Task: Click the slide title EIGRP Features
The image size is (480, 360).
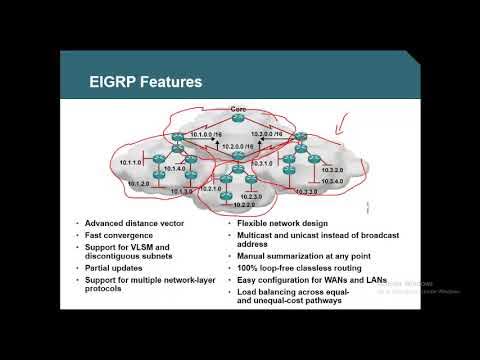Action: pyautogui.click(x=131, y=81)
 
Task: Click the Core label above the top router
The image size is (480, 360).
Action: pyautogui.click(x=237, y=107)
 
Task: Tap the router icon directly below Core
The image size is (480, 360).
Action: pyautogui.click(x=237, y=119)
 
